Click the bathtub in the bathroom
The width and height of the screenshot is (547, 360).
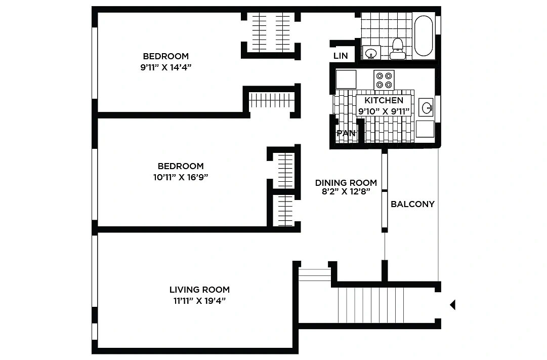424,35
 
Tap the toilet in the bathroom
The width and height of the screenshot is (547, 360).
397,49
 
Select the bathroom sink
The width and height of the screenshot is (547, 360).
371,53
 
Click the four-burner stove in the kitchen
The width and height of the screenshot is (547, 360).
384,80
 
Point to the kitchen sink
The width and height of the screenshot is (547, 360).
426,107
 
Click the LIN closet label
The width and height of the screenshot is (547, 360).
341,56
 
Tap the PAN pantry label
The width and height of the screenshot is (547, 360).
346,133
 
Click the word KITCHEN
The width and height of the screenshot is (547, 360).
384,101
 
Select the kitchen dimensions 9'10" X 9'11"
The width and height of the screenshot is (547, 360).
384,111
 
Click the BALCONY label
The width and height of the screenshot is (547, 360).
413,204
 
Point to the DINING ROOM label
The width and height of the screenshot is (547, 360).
346,183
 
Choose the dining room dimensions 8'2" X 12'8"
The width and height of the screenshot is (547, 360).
346,191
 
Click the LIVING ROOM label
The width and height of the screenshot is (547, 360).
199,290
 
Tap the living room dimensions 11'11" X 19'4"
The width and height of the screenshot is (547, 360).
199,301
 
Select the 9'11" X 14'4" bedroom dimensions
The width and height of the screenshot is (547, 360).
166,67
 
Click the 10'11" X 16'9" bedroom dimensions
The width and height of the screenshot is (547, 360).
181,177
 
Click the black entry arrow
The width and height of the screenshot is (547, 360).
452,305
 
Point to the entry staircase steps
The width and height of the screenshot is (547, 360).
371,305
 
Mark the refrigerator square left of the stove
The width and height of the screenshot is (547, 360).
346,79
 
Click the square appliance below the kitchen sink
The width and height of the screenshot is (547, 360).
425,129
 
